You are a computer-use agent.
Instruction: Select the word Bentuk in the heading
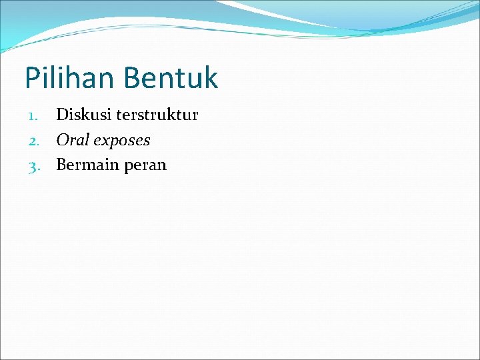[x=170, y=78]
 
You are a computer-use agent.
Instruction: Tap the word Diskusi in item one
[x=83, y=115]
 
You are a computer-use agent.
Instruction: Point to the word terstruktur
[x=157, y=115]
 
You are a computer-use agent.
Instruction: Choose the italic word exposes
[x=122, y=141]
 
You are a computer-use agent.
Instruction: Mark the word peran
[x=145, y=165]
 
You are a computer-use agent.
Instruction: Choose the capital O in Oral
[x=63, y=140]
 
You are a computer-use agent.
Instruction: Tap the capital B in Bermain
[x=62, y=165]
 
